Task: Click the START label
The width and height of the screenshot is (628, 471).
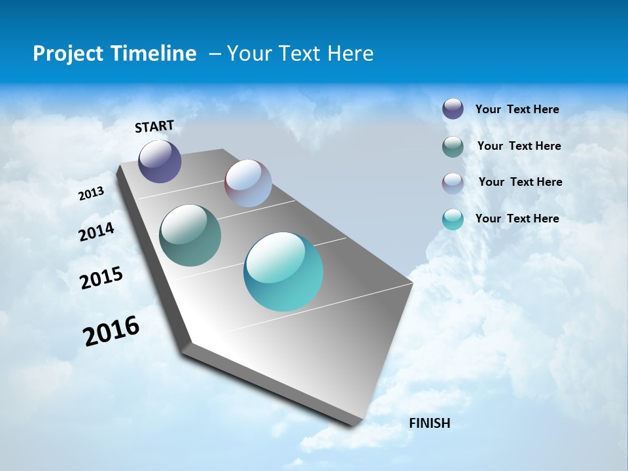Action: click(x=154, y=126)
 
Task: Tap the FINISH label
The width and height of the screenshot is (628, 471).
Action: click(x=429, y=423)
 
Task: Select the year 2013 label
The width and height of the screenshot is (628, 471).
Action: click(x=91, y=193)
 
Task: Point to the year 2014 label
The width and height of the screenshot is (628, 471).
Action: click(x=96, y=232)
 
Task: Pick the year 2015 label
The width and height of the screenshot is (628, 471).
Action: click(x=101, y=278)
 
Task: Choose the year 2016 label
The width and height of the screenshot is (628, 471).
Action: click(x=111, y=331)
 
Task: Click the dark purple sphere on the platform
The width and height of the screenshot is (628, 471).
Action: click(x=160, y=161)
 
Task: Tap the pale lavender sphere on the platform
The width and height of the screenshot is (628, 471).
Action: click(x=248, y=183)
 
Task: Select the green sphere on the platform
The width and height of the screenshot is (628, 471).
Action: click(x=190, y=235)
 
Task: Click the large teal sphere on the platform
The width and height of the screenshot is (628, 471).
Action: click(x=283, y=271)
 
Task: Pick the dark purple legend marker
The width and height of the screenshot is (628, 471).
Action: click(x=453, y=109)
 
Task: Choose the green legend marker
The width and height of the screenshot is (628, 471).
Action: click(x=453, y=147)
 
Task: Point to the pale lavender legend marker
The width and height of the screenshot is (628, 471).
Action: click(x=453, y=183)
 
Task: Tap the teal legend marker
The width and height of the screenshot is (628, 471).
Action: click(x=453, y=219)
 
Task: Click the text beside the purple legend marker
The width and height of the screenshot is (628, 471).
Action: click(x=517, y=109)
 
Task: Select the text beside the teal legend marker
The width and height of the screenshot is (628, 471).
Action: click(x=517, y=218)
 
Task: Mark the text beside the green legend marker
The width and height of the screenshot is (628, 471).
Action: click(x=519, y=146)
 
